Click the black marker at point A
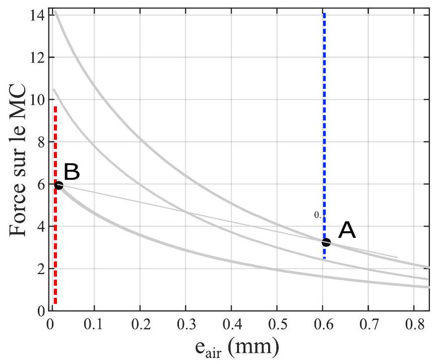click(x=326, y=242)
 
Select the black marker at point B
click(x=58, y=185)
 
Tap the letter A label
click(x=347, y=231)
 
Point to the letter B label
click(x=72, y=172)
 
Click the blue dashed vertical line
click(x=324, y=126)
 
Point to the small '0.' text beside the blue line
click(x=318, y=216)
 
